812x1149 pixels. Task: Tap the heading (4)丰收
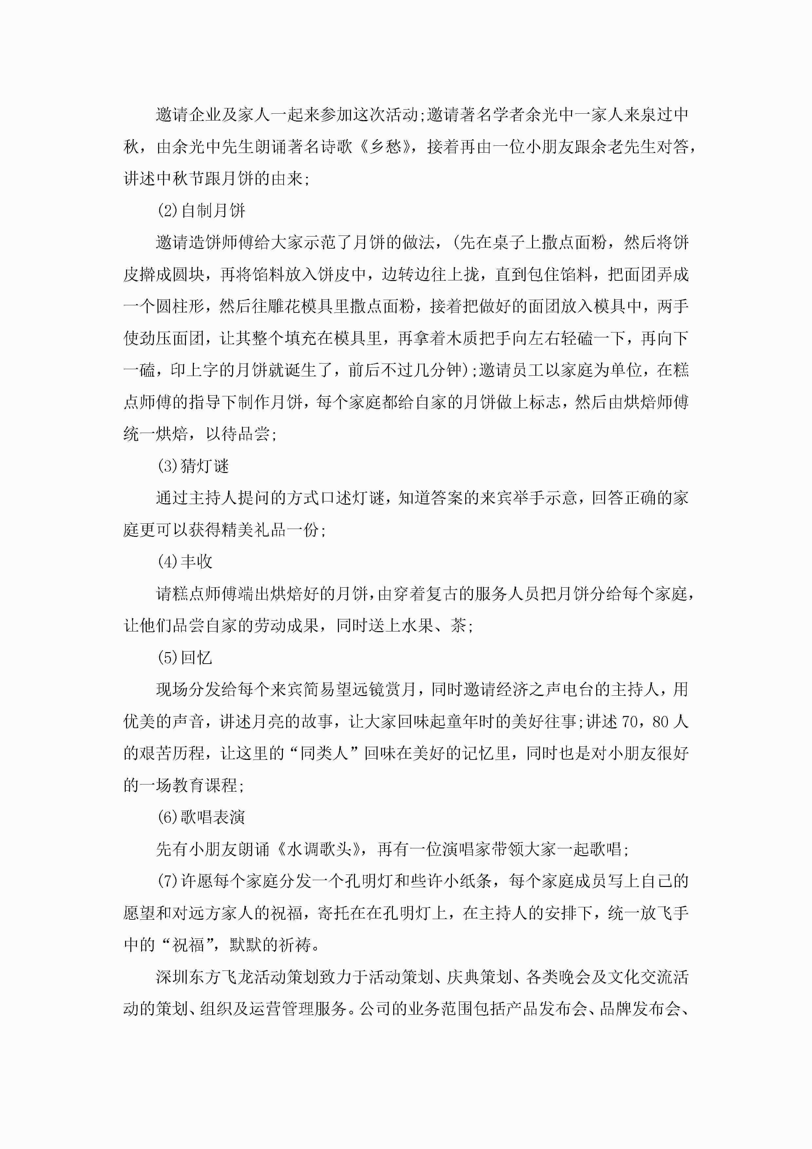click(x=185, y=562)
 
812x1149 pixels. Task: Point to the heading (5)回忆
click(x=185, y=658)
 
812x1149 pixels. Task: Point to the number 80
click(x=660, y=722)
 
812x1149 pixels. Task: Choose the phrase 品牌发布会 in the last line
click(x=641, y=1009)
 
